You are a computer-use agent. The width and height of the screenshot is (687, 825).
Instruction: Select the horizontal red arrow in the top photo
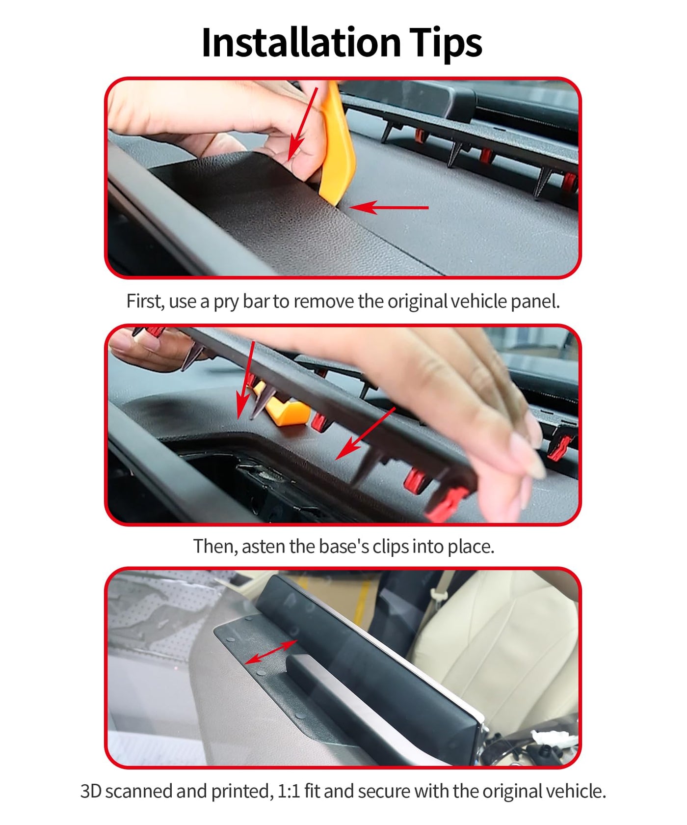(x=389, y=207)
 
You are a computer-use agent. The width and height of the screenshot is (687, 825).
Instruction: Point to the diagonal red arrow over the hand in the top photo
(x=303, y=124)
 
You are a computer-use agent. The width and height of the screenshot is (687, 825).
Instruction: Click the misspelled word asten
(x=264, y=547)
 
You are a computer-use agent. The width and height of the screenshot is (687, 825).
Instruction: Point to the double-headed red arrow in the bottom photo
(x=271, y=652)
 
